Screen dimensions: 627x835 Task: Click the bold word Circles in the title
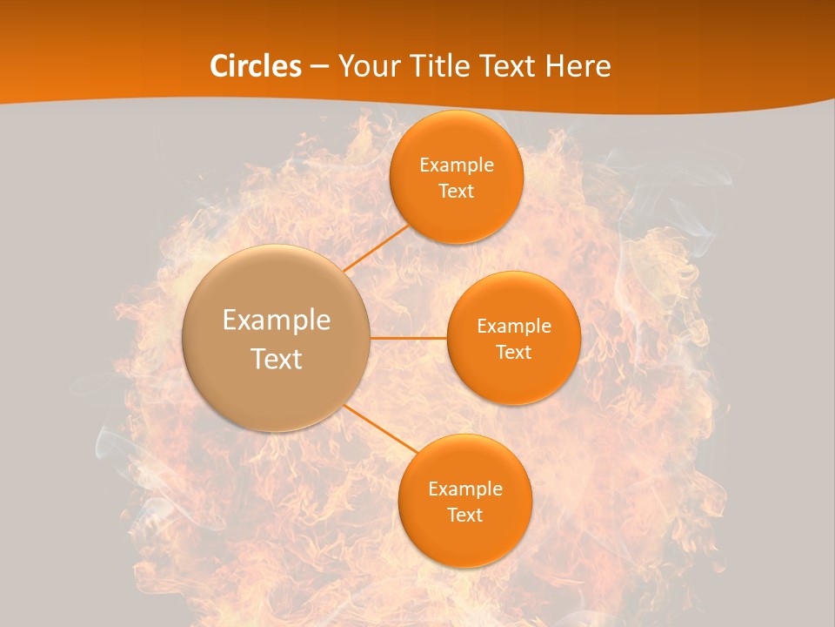pos(256,66)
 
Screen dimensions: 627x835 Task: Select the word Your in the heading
pos(366,66)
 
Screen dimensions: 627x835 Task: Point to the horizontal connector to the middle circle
pos(409,338)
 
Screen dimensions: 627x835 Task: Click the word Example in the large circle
pos(277,320)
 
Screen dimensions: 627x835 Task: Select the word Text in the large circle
pos(277,359)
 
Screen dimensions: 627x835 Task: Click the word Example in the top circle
pos(457,165)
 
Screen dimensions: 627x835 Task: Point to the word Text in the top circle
pos(457,192)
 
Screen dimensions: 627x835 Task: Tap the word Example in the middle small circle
pos(514,327)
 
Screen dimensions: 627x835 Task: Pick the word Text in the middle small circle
pos(514,353)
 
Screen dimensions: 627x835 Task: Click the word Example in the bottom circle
pos(464,489)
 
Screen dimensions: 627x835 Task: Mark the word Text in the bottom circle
pos(464,516)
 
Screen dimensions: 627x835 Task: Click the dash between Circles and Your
pos(319,66)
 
